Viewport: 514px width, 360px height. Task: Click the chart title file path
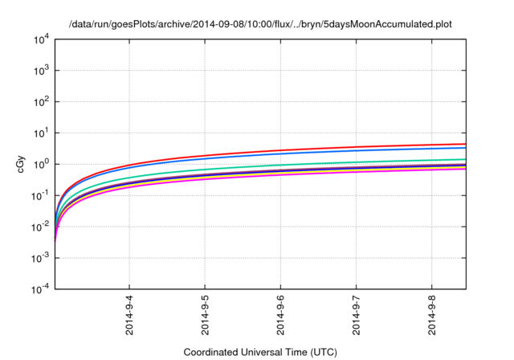point(257,24)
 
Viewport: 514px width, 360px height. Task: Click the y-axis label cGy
point(22,164)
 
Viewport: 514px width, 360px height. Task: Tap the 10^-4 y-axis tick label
point(40,289)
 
